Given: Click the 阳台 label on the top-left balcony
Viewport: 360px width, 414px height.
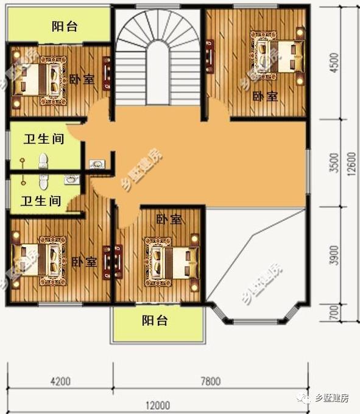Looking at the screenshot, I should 64,27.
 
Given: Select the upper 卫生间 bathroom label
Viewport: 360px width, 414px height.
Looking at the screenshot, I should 44,139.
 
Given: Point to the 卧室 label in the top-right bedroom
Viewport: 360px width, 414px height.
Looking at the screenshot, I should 265,96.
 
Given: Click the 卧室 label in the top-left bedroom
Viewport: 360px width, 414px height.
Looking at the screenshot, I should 82,79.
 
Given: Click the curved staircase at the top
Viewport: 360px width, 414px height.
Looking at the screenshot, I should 158,55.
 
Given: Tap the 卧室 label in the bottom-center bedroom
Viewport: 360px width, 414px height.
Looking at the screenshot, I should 168,220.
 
